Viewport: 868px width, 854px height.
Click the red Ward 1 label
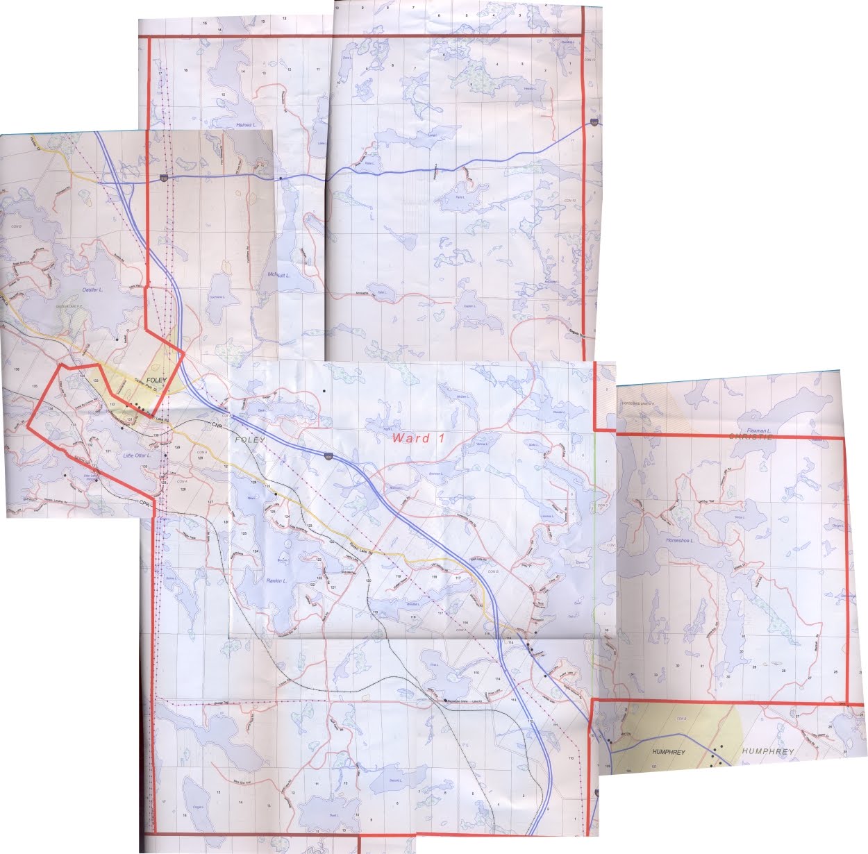418,438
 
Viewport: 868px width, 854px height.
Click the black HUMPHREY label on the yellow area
669,753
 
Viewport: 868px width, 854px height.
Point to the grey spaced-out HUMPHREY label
767,752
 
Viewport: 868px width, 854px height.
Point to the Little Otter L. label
136,455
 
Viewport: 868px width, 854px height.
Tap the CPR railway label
144,502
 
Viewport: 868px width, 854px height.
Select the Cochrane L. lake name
217,296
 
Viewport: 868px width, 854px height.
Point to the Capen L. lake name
468,305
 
